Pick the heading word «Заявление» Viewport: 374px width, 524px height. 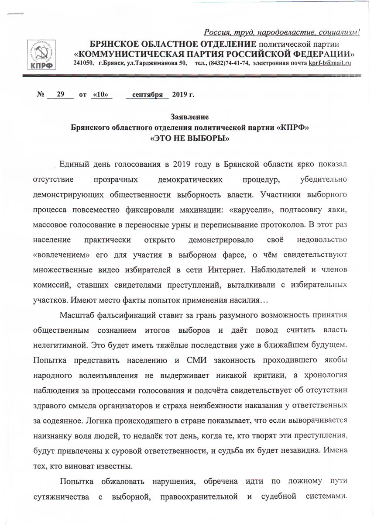pyautogui.click(x=187, y=117)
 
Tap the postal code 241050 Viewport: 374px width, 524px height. pyautogui.click(x=83, y=63)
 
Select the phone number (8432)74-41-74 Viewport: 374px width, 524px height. pyautogui.click(x=228, y=63)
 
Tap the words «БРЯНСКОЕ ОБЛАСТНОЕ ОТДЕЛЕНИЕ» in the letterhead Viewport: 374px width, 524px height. pyautogui.click(x=172, y=44)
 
